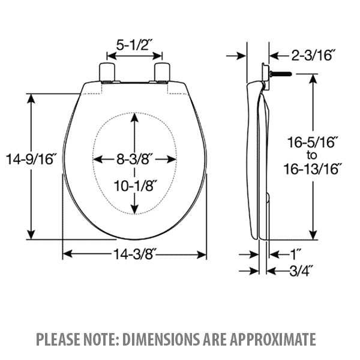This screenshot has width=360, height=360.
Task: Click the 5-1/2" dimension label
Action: coord(136,44)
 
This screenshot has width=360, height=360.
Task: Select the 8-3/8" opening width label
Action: coord(136,159)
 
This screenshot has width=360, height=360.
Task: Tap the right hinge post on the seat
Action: coord(163,71)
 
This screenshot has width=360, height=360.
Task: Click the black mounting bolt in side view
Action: coord(280,74)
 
